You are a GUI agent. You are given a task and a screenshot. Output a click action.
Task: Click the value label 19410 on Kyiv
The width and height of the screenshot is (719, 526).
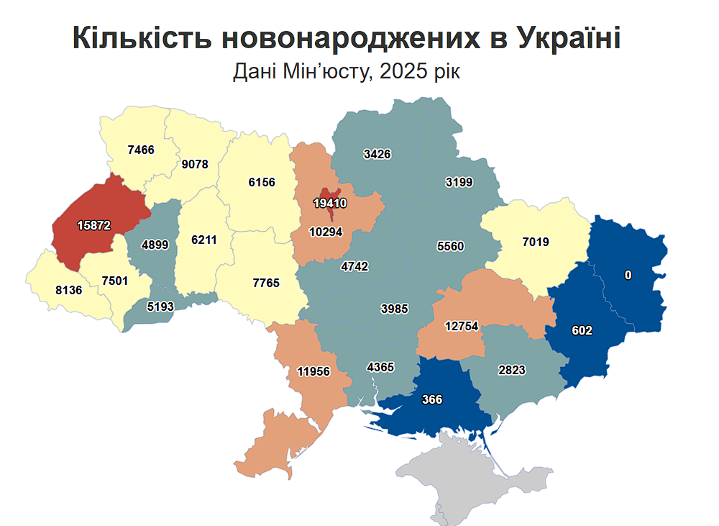click(x=330, y=204)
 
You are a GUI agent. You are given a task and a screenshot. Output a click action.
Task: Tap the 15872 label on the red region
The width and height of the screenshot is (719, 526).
click(x=94, y=225)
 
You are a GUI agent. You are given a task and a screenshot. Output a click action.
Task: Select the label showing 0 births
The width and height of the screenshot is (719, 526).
click(x=628, y=275)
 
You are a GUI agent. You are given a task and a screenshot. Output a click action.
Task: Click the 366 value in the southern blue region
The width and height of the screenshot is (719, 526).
click(x=432, y=399)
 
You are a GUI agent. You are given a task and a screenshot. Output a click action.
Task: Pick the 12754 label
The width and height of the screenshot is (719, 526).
click(x=461, y=326)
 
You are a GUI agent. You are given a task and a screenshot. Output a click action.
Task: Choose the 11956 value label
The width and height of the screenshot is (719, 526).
click(x=314, y=372)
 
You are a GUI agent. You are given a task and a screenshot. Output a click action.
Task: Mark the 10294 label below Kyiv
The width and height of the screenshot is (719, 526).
click(x=326, y=232)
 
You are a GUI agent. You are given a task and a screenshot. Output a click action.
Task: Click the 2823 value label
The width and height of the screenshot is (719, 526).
click(x=512, y=371)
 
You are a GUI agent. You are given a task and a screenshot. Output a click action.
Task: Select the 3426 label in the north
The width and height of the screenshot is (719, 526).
click(x=377, y=154)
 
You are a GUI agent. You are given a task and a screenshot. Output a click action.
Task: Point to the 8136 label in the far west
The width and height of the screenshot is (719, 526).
click(x=68, y=291)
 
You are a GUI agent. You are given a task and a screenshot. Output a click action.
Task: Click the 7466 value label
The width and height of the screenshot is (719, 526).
click(x=141, y=150)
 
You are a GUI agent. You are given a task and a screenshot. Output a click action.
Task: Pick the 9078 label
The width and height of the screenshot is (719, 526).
click(x=195, y=164)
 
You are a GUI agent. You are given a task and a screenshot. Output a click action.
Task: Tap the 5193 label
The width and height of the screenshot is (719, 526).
click(x=161, y=306)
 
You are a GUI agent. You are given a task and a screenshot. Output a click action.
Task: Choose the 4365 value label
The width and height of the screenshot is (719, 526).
click(x=380, y=367)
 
